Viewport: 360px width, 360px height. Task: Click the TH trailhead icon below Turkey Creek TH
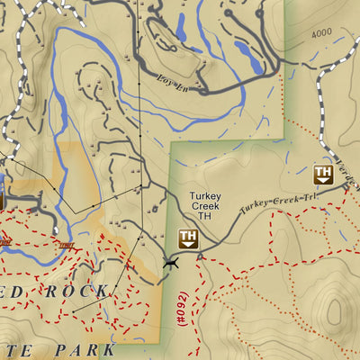[188, 238]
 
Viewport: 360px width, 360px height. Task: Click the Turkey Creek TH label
[205, 205]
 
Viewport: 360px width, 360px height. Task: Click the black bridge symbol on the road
[171, 262]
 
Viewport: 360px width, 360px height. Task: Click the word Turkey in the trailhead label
[205, 194]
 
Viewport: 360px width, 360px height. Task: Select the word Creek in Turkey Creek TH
[205, 205]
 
